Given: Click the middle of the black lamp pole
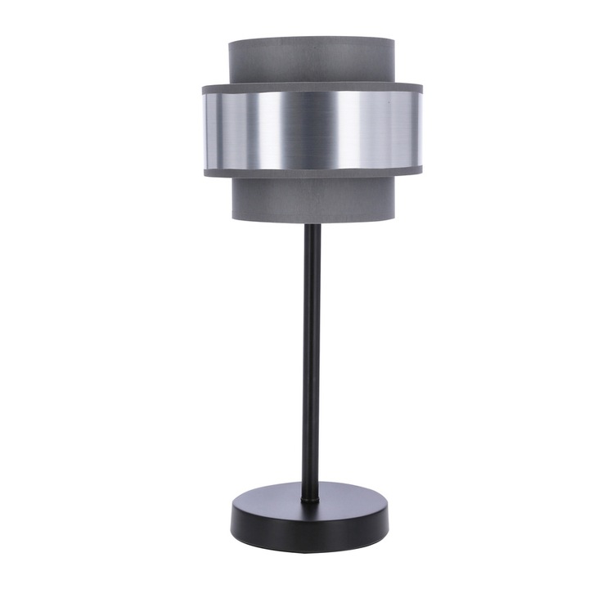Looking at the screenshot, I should pos(312,360).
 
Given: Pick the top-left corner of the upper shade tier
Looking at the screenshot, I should pos(230,41).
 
